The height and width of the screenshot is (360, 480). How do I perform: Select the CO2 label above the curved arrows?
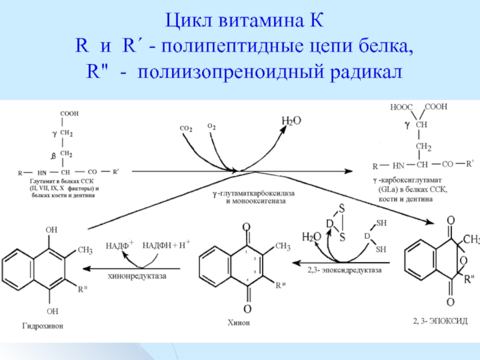186,128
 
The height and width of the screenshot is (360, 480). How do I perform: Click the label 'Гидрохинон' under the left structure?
43,326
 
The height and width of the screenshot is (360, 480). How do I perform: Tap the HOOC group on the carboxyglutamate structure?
401,107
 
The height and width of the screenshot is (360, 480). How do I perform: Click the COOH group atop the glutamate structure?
69,113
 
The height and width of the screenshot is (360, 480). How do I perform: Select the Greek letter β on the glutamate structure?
53,156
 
